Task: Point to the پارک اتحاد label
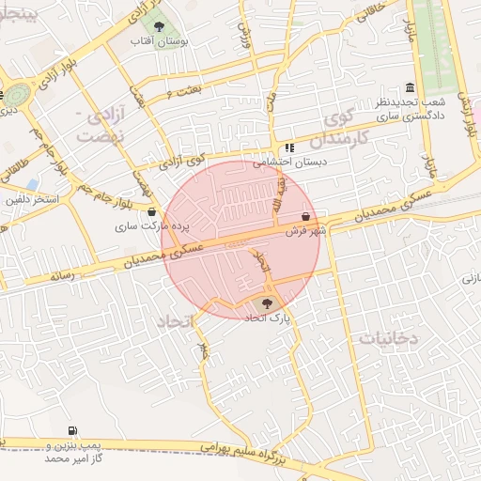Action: tap(268, 319)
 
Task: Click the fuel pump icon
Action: tap(72, 430)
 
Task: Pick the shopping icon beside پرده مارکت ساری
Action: tap(152, 212)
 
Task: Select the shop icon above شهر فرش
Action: tap(305, 216)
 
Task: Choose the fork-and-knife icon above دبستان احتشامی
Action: tap(289, 147)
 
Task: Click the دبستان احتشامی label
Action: tap(287, 163)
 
